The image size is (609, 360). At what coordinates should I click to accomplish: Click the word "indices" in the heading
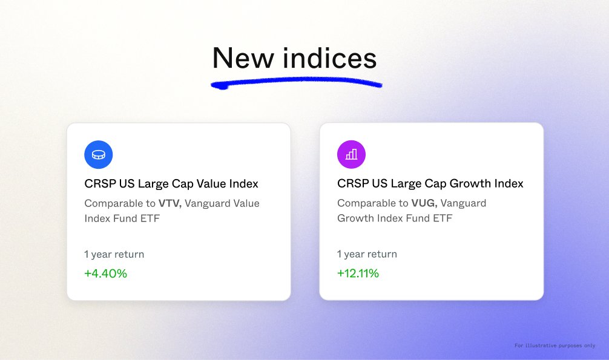coord(330,59)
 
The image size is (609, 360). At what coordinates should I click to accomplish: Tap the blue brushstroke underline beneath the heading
coord(297,82)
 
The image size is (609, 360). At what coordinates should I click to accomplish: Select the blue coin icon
coord(99,155)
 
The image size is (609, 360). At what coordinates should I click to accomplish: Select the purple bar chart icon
coord(352,155)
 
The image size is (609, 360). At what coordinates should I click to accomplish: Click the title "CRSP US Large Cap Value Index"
coord(171,183)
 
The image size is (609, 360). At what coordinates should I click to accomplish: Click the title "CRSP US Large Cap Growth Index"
coord(430,183)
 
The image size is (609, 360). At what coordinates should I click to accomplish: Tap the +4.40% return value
coord(106,273)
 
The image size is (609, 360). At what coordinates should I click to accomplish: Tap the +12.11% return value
coord(358,273)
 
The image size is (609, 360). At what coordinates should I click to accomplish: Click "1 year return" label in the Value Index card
coord(114,254)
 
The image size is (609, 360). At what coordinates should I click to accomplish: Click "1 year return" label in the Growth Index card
coord(367,254)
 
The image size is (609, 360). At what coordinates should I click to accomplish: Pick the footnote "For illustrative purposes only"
coord(555,345)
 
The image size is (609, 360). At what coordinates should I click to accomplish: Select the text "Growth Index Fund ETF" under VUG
coord(395,218)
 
